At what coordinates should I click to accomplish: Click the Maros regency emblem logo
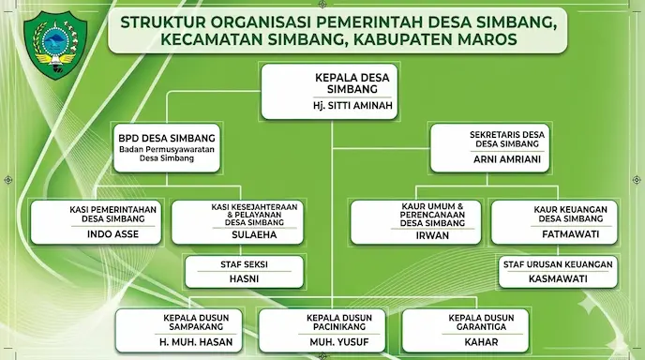point(55,45)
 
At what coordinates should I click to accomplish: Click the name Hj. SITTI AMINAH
point(352,105)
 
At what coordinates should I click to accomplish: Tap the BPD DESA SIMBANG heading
point(167,138)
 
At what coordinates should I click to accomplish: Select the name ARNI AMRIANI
point(507,159)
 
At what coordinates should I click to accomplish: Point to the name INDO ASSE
point(112,234)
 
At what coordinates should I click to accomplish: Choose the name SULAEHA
point(254,234)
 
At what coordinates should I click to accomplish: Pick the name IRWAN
point(432,235)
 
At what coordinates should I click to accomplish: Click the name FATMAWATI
point(571,234)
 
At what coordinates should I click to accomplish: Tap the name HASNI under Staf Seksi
point(244,278)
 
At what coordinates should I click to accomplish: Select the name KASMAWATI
point(558,278)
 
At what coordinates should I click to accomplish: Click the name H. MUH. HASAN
point(196,342)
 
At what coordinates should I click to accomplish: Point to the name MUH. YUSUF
point(339,342)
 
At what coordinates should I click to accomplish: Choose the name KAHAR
point(481,342)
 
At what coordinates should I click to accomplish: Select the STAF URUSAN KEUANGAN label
point(558,264)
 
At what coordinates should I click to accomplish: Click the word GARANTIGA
point(481,326)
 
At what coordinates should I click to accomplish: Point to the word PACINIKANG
point(339,326)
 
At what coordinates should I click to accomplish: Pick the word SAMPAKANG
point(196,326)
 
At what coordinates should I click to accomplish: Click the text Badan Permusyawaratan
point(167,149)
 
